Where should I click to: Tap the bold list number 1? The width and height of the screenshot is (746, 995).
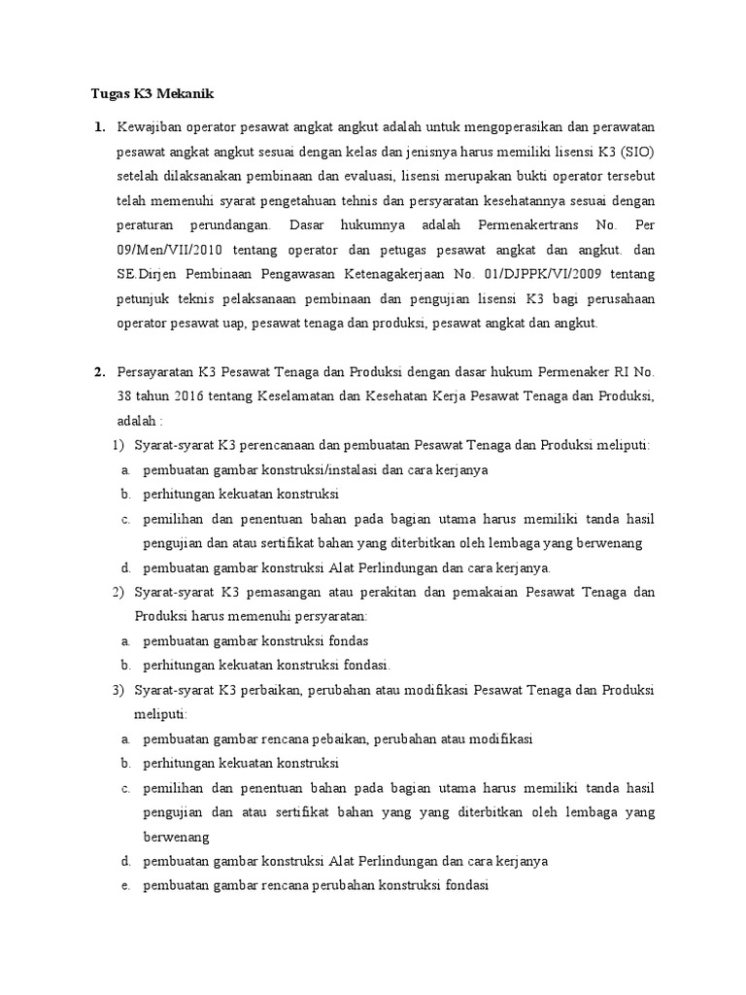[98, 127]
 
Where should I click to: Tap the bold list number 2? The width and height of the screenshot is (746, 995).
[98, 371]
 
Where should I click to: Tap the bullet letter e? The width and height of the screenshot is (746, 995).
[126, 886]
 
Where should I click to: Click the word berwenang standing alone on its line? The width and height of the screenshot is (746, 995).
[177, 837]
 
